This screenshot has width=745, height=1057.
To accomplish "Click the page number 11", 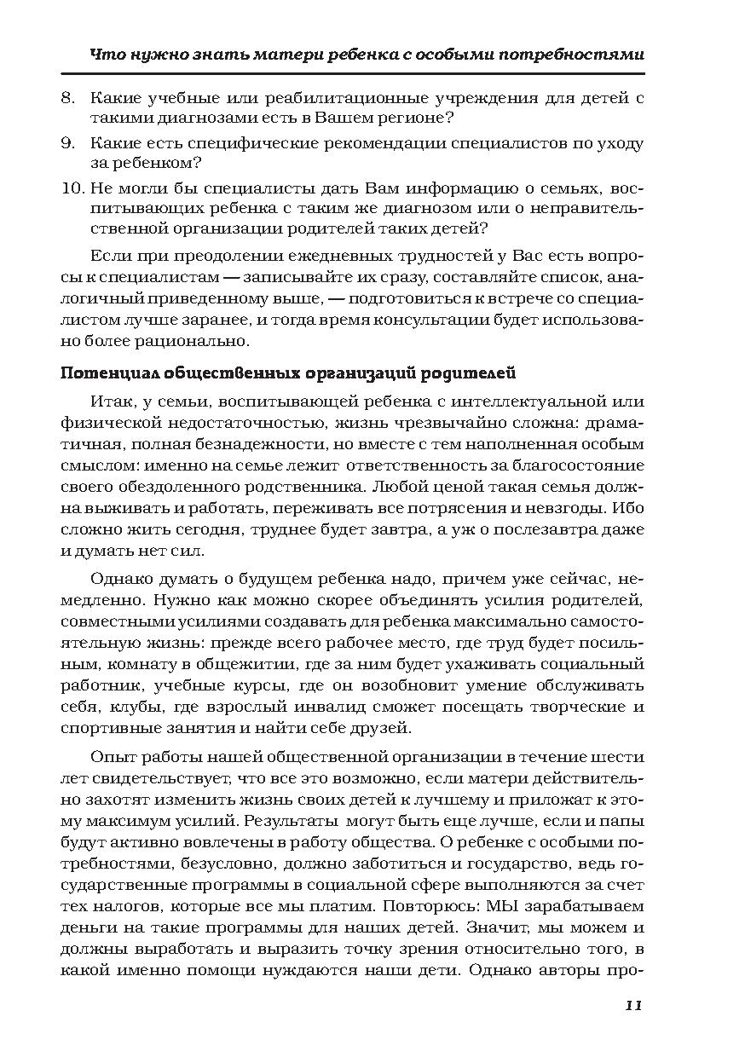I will click(x=632, y=1005).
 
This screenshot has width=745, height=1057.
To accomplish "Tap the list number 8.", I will click(x=68, y=98).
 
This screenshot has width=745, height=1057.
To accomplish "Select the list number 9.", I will click(x=68, y=142).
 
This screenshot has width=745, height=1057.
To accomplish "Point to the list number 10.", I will click(x=72, y=188).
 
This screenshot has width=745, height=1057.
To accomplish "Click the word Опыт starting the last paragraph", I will click(x=110, y=756).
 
